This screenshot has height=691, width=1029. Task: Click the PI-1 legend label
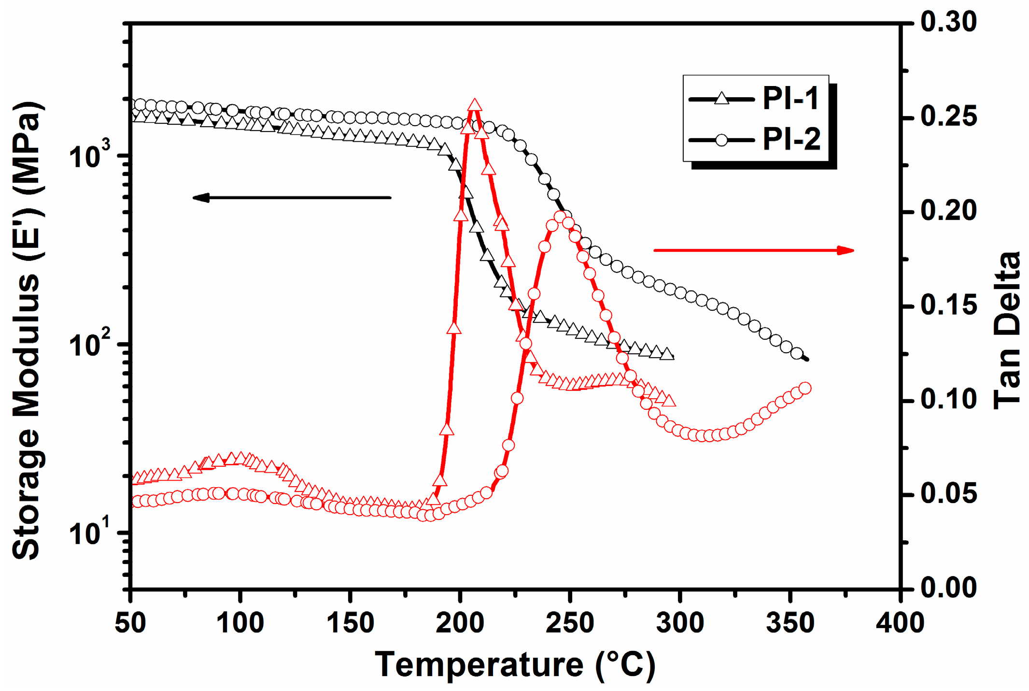[x=790, y=99]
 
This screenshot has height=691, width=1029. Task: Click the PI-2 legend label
[x=791, y=140]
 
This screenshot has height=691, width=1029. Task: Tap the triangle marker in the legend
[x=721, y=99]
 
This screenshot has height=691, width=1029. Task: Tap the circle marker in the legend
[x=721, y=140]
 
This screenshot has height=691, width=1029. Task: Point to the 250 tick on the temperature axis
[x=570, y=622]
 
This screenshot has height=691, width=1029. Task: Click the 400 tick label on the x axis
[x=900, y=622]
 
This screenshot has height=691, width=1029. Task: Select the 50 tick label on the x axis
[x=130, y=622]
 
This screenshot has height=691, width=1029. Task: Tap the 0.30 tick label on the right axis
[x=948, y=22]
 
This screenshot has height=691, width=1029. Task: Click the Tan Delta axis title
[x=1007, y=331]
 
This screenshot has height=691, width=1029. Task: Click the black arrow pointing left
[x=292, y=197]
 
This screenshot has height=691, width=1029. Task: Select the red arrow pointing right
[x=754, y=250]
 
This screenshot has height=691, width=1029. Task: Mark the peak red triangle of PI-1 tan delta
[x=475, y=105]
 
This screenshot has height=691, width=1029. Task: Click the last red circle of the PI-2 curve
[x=805, y=388]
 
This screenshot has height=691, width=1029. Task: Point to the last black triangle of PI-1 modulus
[x=667, y=354]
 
